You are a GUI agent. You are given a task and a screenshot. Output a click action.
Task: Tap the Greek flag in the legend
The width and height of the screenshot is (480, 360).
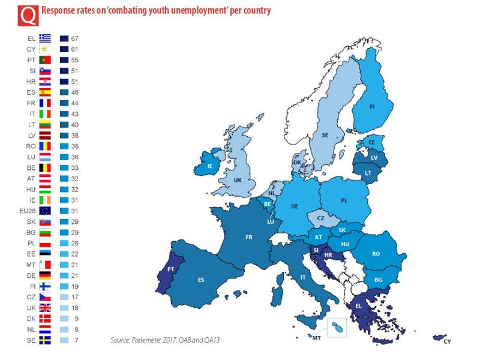[46, 38]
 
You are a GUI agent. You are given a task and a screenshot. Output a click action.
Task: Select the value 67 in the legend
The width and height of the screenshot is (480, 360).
[75, 38]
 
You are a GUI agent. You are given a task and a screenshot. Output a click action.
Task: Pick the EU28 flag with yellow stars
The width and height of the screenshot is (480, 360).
[46, 211]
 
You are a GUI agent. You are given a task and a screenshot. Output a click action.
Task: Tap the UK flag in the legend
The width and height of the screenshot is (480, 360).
[46, 308]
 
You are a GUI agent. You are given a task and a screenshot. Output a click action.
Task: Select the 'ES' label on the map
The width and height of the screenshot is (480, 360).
[201, 279]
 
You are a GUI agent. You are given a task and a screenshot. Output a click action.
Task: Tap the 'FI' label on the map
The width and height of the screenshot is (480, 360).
[372, 107]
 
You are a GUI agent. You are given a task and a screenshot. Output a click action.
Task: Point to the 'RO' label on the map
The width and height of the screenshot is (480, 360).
[376, 253]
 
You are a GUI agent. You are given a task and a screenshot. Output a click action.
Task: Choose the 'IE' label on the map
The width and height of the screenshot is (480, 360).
[209, 166]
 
